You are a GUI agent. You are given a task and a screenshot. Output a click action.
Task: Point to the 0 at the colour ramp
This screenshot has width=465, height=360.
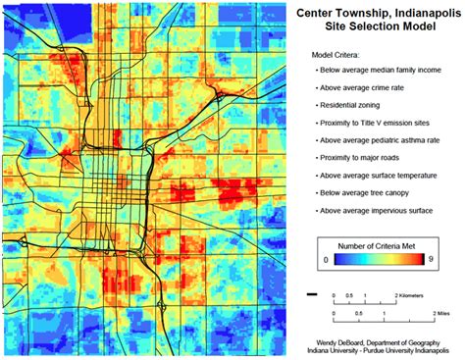point(325,258)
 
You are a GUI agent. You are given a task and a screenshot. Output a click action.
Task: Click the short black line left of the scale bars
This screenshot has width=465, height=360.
point(312,293)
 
